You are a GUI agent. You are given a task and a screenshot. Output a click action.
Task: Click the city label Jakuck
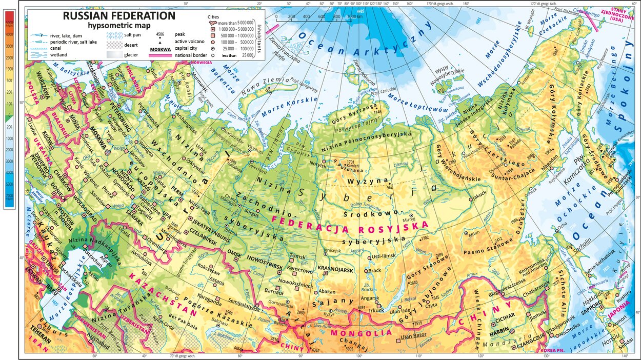[479, 195]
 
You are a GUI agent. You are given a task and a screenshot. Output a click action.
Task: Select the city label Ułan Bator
[413, 336]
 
